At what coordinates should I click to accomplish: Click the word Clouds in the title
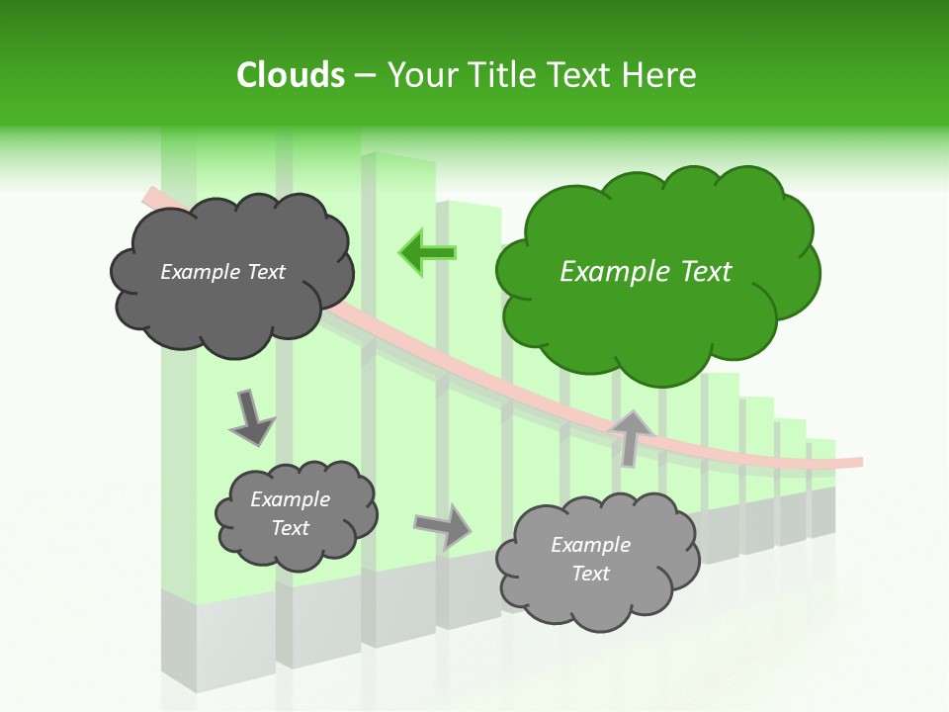point(291,75)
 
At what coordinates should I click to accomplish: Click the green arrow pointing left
point(427,252)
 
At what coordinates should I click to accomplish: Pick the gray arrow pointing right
point(443,525)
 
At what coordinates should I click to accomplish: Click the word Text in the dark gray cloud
point(267,272)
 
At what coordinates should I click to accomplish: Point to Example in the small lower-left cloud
point(290,499)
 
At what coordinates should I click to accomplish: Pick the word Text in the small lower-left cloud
point(290,528)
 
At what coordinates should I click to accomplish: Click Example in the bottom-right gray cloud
point(590,545)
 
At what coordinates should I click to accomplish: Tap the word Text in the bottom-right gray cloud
point(590,574)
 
